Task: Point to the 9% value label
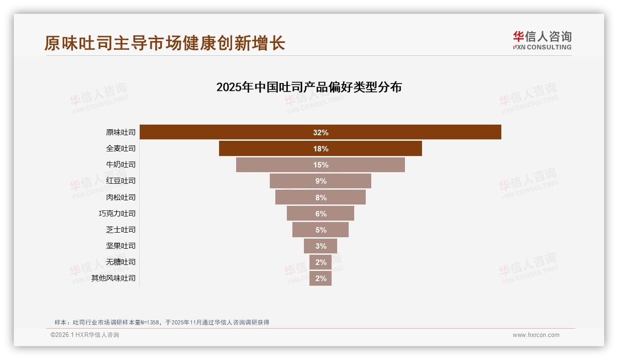click(x=321, y=181)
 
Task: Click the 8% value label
click(x=321, y=198)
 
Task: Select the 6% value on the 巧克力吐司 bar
click(x=321, y=214)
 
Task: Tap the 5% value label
click(x=321, y=230)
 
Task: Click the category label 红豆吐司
click(x=121, y=181)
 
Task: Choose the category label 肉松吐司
click(x=121, y=197)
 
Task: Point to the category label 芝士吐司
click(x=121, y=229)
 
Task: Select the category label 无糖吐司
click(x=121, y=262)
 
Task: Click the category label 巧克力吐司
click(x=117, y=213)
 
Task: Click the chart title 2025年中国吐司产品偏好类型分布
click(x=309, y=87)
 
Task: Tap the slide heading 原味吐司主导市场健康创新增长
click(x=165, y=43)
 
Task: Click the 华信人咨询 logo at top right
click(x=542, y=40)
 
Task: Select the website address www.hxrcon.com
click(x=536, y=335)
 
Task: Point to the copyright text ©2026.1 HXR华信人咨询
click(x=85, y=335)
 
